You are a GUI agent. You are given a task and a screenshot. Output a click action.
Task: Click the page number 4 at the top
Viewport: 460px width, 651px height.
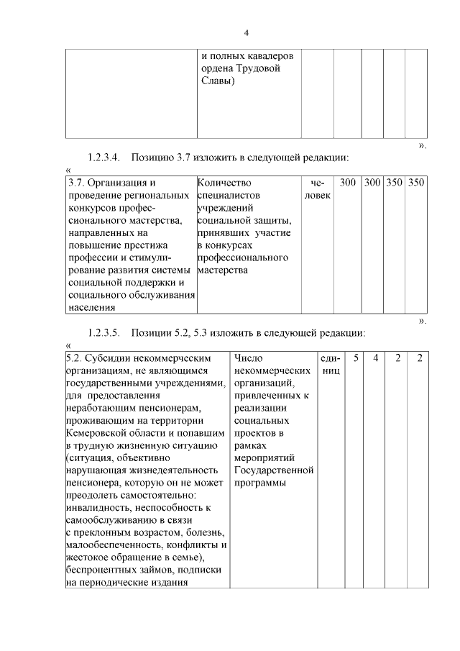pyautogui.click(x=246, y=32)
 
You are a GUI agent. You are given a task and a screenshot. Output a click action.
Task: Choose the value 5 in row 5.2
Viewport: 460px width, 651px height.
pyautogui.click(x=355, y=358)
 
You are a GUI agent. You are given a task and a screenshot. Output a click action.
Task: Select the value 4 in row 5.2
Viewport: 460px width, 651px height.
pyautogui.click(x=375, y=358)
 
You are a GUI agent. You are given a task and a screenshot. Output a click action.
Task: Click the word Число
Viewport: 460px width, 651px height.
pyautogui.click(x=249, y=358)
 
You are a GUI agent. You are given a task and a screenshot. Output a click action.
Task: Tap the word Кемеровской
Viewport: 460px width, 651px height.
pyautogui.click(x=96, y=433)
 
